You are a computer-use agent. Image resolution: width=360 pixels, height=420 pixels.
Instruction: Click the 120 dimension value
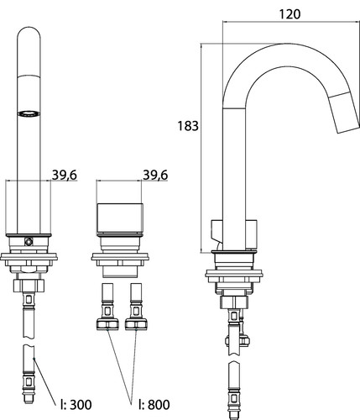click(x=290, y=14)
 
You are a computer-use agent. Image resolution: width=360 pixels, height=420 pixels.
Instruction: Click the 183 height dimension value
click(x=188, y=126)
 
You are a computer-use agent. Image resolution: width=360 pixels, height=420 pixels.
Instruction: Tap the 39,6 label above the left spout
click(x=65, y=175)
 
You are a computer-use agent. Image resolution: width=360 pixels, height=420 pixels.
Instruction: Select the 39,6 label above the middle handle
click(x=155, y=175)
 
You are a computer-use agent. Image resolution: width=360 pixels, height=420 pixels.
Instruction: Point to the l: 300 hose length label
click(x=76, y=404)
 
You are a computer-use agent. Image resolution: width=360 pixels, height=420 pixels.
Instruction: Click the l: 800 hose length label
click(x=154, y=404)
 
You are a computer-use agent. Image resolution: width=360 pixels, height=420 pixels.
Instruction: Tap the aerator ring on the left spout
click(x=29, y=113)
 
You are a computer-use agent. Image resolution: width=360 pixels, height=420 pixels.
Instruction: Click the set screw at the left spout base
click(x=29, y=241)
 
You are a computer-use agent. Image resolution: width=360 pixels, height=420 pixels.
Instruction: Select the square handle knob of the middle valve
click(x=120, y=218)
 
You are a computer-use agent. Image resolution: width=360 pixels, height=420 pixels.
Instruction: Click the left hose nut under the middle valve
click(x=107, y=324)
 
